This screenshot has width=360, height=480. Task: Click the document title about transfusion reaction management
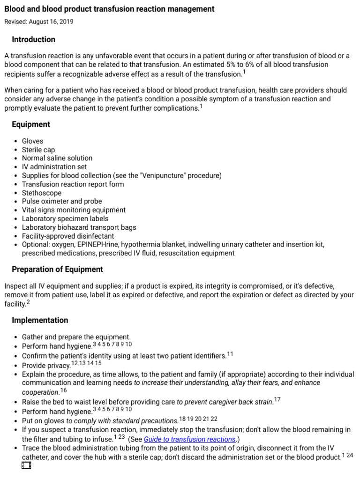pos(109,9)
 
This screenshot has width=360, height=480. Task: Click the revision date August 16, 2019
pos(39,22)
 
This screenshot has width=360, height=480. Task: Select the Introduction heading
pos(33,39)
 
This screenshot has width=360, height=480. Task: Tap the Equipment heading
pos(31,124)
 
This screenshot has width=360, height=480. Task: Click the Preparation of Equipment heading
pos(57,269)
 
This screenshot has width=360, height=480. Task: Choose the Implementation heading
pos(40,320)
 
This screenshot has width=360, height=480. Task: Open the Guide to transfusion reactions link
pos(189,439)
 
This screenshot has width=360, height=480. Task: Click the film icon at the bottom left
pos(26,465)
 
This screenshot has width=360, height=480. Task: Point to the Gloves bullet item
pos(32,141)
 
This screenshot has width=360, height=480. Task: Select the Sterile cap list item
pos(38,150)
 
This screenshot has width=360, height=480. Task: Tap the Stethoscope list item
pos(42,193)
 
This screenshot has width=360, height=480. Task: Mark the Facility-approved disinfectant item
pos(68,236)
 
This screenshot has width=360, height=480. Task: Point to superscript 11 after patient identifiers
pos(230,354)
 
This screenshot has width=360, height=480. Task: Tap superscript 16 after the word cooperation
pos(64,390)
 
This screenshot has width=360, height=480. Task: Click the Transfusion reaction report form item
pos(73,184)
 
